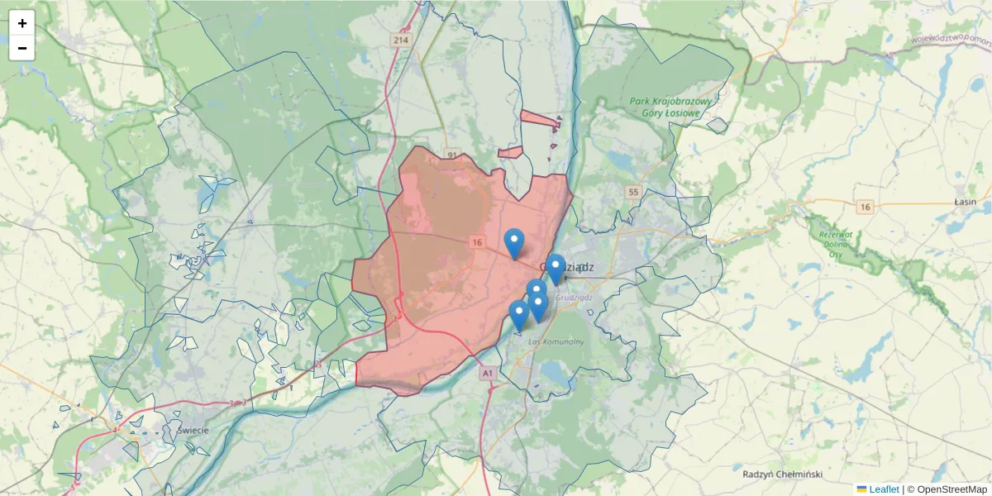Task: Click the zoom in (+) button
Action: tap(22, 23)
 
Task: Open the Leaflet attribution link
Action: tap(883, 489)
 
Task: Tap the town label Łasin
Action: tap(965, 202)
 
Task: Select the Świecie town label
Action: tap(192, 431)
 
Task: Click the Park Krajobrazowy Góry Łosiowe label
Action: tap(670, 107)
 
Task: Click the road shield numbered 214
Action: tap(401, 40)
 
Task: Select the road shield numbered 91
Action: tap(451, 155)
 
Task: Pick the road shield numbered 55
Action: tap(634, 192)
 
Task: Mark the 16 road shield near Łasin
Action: tap(865, 207)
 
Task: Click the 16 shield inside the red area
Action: tap(477, 242)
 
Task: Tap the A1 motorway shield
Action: tap(487, 374)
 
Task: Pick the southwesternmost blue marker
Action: tap(519, 315)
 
